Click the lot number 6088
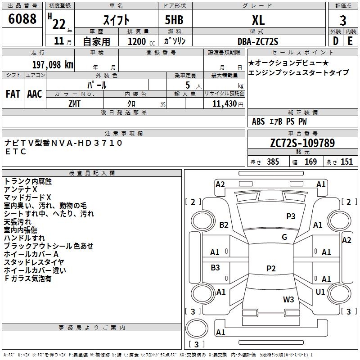[22, 19]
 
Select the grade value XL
[258, 20]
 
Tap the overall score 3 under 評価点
[343, 21]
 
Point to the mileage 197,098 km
[53, 65]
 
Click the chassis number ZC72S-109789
[302, 143]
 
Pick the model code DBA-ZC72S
[258, 41]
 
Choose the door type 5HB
[174, 20]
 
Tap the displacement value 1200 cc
[141, 41]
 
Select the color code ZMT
[74, 104]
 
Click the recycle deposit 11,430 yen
[228, 104]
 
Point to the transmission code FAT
[13, 94]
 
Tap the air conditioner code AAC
[35, 94]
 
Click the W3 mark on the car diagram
[288, 299]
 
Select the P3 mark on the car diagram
[291, 216]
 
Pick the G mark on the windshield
[284, 237]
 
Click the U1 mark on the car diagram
[320, 292]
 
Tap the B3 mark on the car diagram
[215, 267]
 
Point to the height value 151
[346, 162]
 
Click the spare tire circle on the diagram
[197, 328]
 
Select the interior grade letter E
[350, 41]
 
